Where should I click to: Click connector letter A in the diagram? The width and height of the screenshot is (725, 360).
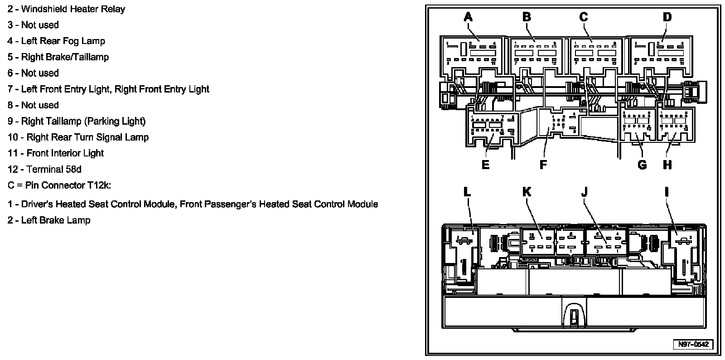tap(468, 17)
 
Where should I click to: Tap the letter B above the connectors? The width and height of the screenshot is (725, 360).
tap(527, 17)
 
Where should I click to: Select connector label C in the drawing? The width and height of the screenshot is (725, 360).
tap(584, 17)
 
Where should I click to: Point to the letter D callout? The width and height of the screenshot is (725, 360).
tap(667, 17)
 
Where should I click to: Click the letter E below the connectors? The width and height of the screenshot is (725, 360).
tap(485, 165)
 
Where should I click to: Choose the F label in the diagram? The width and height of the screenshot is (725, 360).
tap(543, 165)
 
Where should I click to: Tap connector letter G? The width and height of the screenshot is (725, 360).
tap(642, 165)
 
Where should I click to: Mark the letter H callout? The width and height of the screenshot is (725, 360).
tap(667, 165)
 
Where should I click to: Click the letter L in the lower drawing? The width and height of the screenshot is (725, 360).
tap(467, 192)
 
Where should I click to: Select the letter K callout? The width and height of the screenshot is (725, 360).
tap(527, 192)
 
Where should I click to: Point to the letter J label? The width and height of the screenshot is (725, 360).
tap(584, 192)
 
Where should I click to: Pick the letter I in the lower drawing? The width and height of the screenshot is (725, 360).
tap(667, 192)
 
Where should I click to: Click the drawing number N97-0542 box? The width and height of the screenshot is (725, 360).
tap(693, 344)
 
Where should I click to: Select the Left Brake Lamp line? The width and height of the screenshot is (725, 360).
tap(55, 220)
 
